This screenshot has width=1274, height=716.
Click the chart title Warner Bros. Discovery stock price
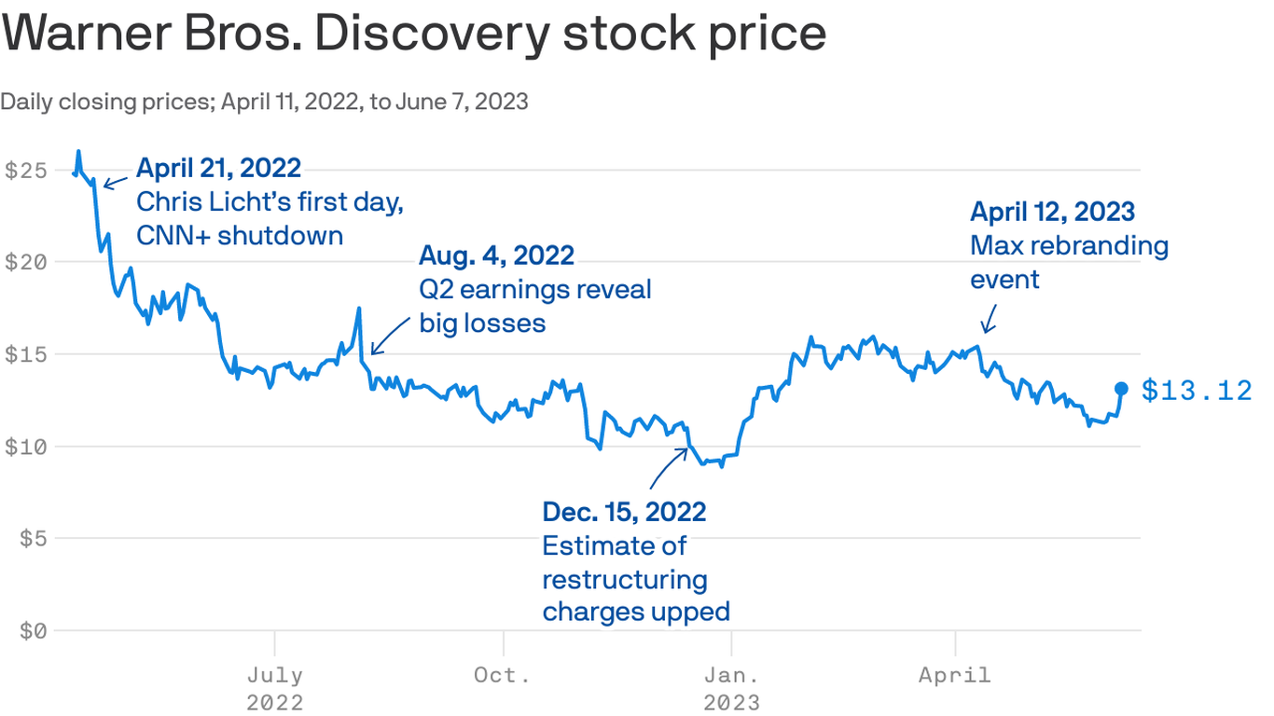coord(413,34)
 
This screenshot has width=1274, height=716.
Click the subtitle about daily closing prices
coord(264,102)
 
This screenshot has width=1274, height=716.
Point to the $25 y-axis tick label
coord(26,171)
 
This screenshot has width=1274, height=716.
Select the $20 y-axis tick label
coord(26,262)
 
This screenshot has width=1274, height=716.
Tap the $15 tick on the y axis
coord(26,354)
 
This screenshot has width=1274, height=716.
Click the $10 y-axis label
coord(26,447)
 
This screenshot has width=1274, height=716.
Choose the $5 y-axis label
coord(33,539)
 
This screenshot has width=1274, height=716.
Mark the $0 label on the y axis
coord(33,631)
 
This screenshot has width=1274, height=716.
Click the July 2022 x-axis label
coord(275,687)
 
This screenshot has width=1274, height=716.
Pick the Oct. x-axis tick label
coord(503,675)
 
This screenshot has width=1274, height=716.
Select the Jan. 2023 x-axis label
coord(732,687)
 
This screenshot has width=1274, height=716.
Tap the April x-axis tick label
coord(955,675)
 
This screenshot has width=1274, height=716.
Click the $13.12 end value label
coord(1198,391)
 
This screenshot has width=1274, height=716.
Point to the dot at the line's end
coord(1122,389)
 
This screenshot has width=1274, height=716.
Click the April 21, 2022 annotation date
coord(218,168)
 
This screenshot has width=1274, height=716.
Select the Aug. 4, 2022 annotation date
coord(496,255)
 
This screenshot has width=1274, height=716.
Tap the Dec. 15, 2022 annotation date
coord(624,511)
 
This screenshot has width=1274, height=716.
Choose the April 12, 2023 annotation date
coord(1053,212)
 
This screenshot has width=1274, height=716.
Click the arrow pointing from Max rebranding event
coord(989,321)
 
